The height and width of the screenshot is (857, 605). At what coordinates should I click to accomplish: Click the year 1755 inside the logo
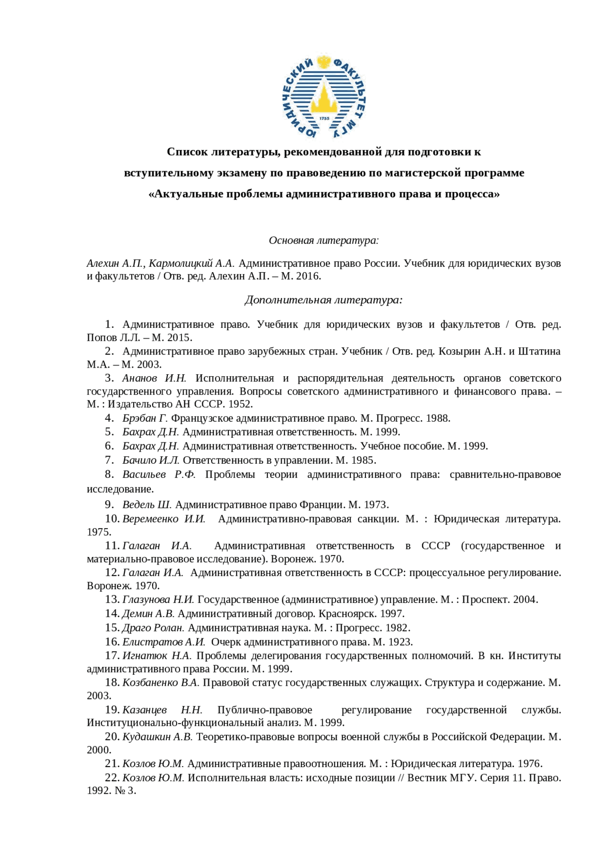click(x=324, y=118)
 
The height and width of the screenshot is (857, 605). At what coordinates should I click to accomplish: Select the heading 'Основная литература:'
click(x=324, y=240)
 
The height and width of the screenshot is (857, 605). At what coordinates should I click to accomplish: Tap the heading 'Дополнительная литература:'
click(x=324, y=300)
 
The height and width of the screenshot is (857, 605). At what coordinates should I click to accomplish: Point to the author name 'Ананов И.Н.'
click(x=154, y=378)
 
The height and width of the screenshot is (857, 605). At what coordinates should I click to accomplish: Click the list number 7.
click(x=109, y=460)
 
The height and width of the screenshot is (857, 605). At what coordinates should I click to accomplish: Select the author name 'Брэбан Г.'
click(x=145, y=418)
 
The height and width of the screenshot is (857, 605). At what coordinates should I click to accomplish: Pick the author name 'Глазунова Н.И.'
click(x=158, y=600)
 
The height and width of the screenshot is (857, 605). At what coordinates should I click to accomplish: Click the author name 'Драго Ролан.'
click(x=153, y=628)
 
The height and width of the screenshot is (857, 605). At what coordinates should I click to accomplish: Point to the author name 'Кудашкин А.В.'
click(x=157, y=737)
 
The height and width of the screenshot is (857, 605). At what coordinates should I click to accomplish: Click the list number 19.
click(x=112, y=710)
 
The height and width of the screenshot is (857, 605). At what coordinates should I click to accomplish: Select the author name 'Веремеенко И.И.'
click(x=164, y=519)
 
